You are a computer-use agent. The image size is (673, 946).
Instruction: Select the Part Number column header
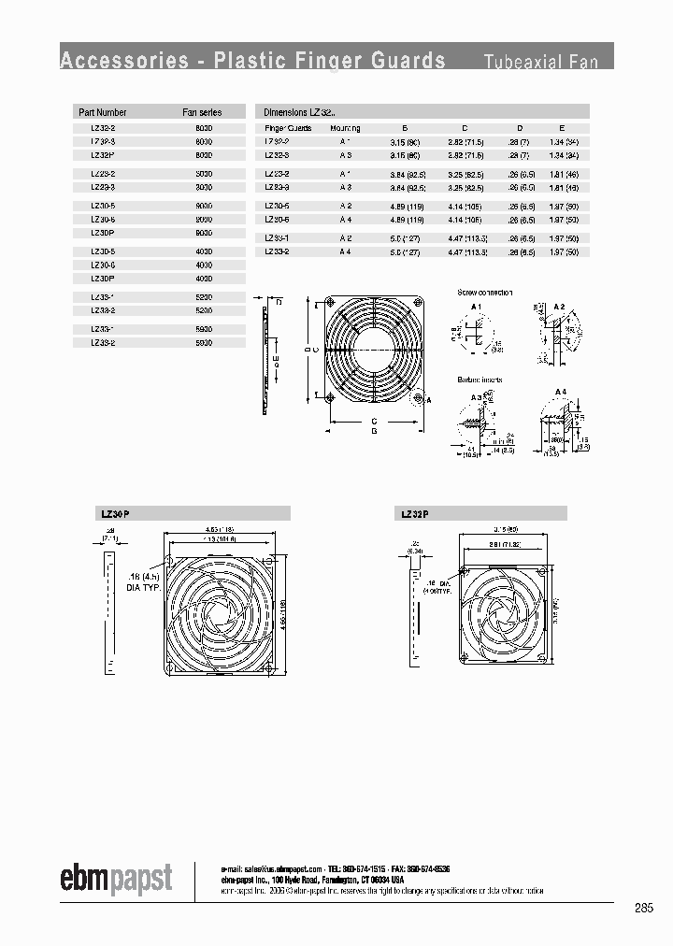(x=103, y=112)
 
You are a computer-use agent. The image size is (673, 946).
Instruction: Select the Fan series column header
(x=201, y=112)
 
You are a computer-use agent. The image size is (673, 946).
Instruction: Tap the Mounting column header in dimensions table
(x=344, y=127)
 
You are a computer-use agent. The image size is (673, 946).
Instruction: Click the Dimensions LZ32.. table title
(x=298, y=112)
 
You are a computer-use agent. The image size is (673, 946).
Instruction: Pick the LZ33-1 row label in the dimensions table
(x=277, y=238)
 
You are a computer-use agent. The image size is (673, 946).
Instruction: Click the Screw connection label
(x=484, y=293)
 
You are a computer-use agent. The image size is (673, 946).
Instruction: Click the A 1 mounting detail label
(x=476, y=307)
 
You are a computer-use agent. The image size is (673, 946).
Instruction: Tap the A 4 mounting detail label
(x=560, y=391)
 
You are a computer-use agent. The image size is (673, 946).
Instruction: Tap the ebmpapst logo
(x=116, y=880)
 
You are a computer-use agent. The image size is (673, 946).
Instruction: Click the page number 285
(x=643, y=908)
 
